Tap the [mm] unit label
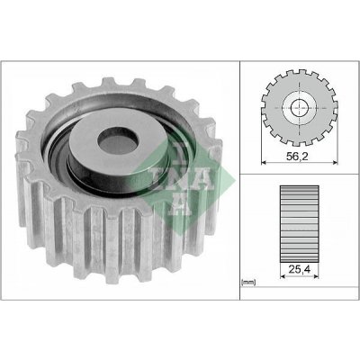click(249, 282)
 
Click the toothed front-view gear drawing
click(290, 108)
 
